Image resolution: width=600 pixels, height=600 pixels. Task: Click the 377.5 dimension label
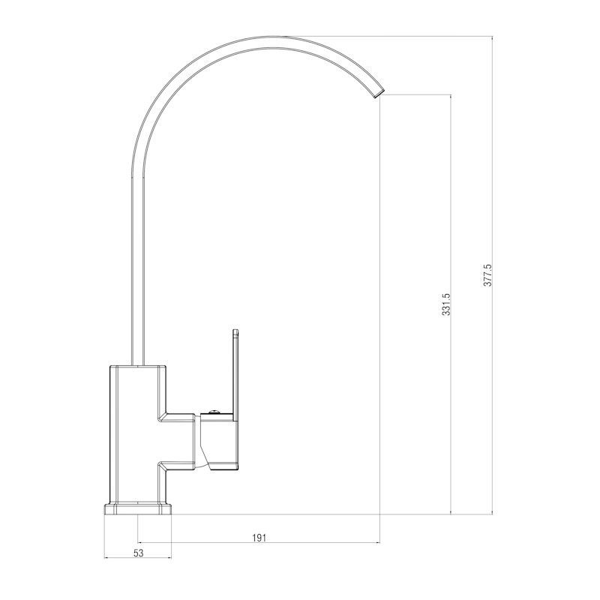point(487,275)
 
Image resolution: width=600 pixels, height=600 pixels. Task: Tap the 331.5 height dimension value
point(446,304)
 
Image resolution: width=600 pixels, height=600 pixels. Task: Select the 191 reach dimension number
point(259,538)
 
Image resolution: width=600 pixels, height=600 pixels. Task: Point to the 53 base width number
point(138,553)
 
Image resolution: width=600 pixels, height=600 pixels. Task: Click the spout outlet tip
point(378,94)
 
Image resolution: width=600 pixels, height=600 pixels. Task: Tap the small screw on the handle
point(213,412)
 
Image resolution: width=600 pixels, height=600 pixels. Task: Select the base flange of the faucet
point(138,509)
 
